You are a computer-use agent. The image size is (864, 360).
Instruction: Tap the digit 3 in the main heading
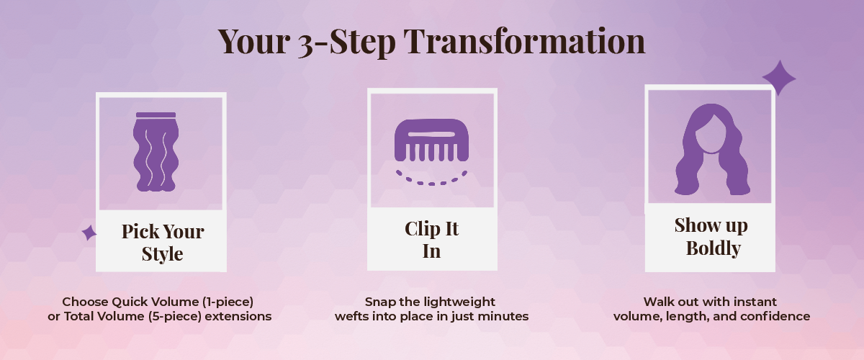point(306,45)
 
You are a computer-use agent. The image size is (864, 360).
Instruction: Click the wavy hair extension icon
point(156,152)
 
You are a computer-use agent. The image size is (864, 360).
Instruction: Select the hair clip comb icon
point(431,140)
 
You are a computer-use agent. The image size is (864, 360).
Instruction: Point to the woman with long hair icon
point(712,150)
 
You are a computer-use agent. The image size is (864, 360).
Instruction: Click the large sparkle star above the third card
point(779,78)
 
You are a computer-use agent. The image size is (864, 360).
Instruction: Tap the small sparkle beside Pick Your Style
point(89,233)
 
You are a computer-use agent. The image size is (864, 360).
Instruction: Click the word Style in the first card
point(162,254)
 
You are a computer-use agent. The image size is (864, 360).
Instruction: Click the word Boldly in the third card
point(714,248)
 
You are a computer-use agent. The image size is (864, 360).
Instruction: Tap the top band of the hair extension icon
point(156,114)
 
